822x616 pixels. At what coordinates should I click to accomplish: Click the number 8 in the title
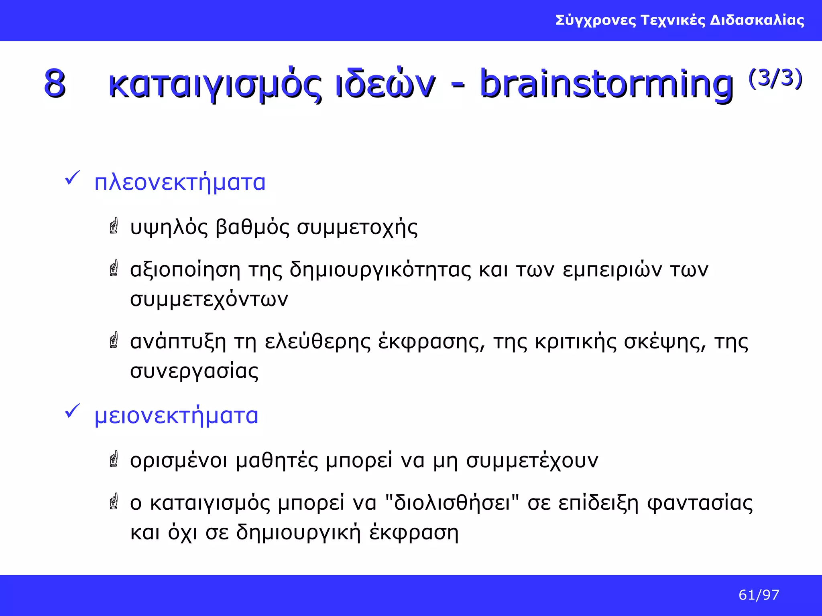(55, 83)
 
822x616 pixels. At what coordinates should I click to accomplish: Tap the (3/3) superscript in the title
(775, 78)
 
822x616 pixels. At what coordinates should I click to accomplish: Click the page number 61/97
(759, 595)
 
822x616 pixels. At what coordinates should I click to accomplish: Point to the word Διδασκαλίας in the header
(757, 20)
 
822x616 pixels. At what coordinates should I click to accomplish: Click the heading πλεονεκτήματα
(180, 182)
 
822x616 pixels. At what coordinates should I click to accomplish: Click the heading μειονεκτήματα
(176, 415)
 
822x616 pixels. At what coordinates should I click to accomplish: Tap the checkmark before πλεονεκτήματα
(72, 178)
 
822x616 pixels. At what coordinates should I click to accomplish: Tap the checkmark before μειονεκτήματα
(72, 411)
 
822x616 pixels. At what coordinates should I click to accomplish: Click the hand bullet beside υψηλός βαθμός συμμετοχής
(114, 226)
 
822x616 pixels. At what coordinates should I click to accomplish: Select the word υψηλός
(169, 227)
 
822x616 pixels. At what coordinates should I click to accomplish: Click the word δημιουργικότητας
(380, 269)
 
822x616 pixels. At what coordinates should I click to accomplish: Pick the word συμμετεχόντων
(209, 300)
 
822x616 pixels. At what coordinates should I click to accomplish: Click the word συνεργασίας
(194, 371)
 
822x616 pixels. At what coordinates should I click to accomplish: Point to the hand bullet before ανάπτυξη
(114, 340)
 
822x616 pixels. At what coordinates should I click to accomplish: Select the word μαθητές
(277, 460)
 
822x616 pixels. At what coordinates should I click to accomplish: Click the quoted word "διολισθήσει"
(452, 503)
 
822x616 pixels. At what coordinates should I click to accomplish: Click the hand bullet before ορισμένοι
(114, 459)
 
